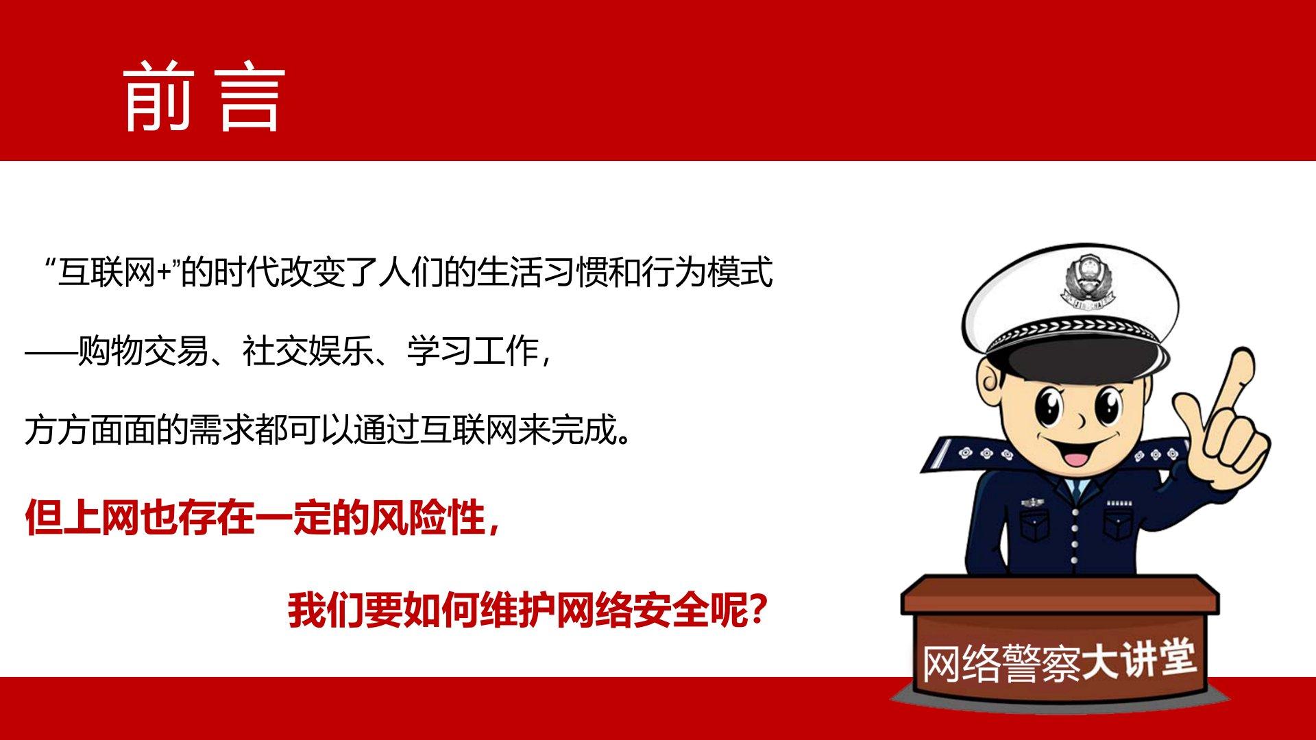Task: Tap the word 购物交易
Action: [x=143, y=351]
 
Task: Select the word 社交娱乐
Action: [x=307, y=351]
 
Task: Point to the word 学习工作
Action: [x=472, y=351]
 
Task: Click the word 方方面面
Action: [x=90, y=430]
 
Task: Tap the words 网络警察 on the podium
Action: [x=1001, y=664]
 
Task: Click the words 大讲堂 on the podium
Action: [x=1138, y=659]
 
